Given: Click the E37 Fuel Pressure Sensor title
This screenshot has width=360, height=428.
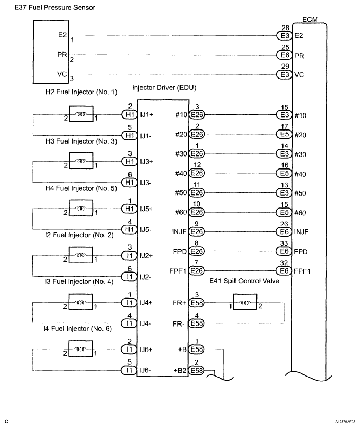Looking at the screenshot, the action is [55, 8].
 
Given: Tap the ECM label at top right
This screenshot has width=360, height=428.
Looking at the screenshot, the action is [310, 20].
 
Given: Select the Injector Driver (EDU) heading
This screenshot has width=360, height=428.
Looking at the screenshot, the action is [164, 88].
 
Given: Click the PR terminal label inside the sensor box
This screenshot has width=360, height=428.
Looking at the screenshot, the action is [62, 55].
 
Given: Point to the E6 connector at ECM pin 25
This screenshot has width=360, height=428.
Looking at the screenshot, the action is [285, 55].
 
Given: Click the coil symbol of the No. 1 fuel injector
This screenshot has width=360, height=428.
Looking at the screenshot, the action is [81, 114].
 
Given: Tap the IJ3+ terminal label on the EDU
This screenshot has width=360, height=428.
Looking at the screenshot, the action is [147, 162].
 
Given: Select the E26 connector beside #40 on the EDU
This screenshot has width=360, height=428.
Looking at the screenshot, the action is [197, 173].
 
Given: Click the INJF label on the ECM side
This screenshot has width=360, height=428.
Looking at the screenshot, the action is [301, 232].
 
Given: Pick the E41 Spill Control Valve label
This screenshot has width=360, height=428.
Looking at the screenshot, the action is [244, 281].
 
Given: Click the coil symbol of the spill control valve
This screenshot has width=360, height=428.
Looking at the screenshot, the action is [245, 302].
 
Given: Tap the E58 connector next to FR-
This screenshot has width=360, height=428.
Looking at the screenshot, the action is [197, 323].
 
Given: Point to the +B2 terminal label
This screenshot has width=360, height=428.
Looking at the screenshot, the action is [180, 370].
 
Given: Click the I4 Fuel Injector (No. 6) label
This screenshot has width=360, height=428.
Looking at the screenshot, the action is [78, 328].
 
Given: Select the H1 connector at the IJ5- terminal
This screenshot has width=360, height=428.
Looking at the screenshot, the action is [129, 229].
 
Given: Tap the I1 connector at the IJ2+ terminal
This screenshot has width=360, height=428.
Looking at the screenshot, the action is [129, 256].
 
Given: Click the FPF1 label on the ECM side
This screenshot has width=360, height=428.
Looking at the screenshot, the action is [302, 271].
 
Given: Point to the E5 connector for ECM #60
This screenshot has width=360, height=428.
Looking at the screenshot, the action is [284, 212].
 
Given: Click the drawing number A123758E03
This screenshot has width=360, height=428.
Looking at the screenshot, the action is [345, 422].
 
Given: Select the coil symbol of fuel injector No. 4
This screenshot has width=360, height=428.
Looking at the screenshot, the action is [81, 302].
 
